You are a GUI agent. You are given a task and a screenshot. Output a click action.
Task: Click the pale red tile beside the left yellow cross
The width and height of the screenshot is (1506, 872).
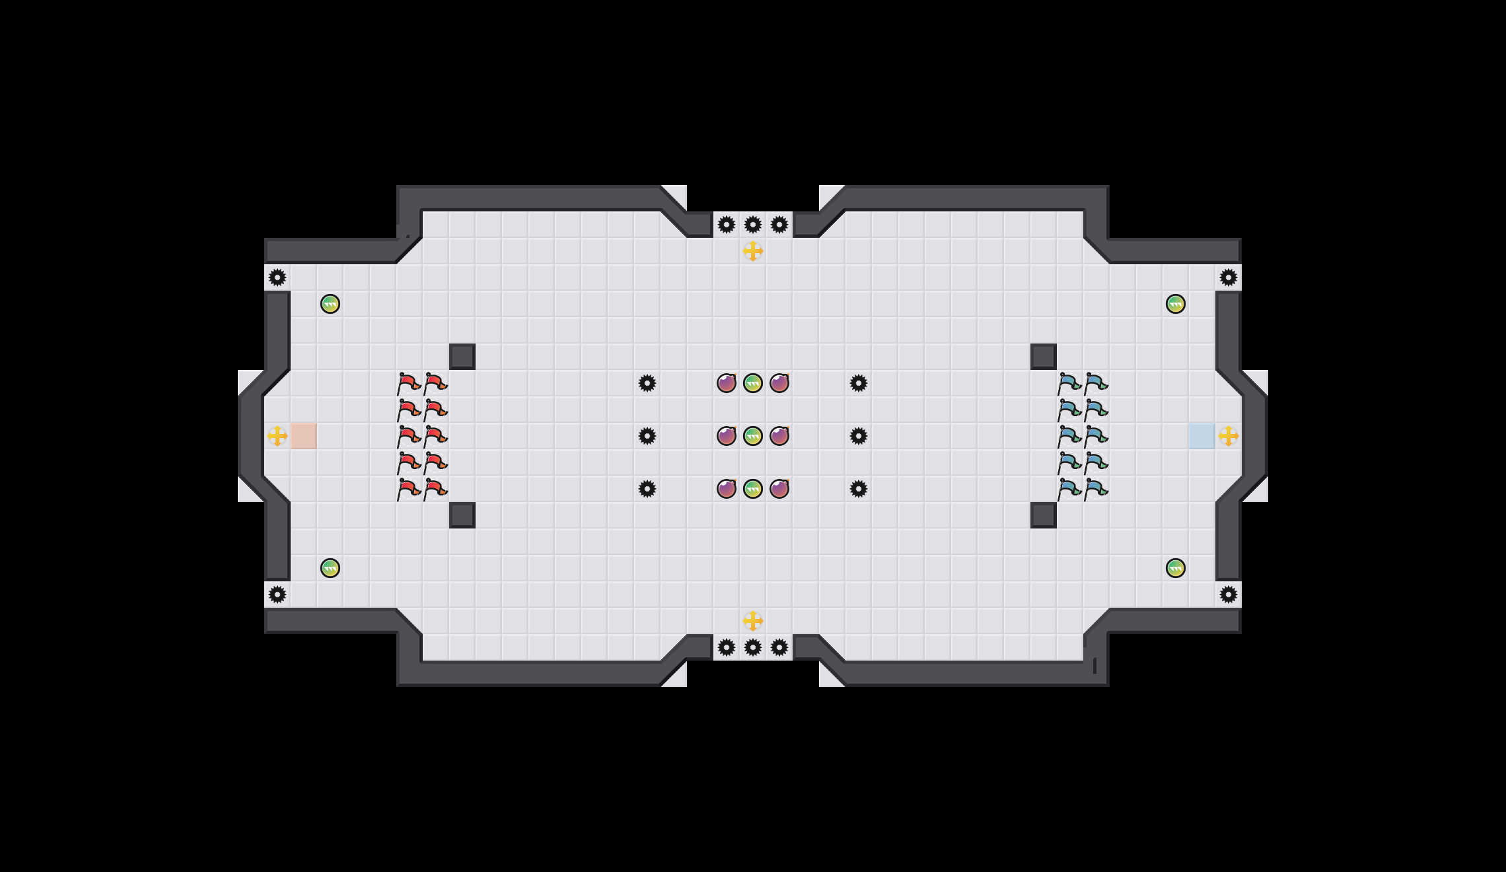pos(304,436)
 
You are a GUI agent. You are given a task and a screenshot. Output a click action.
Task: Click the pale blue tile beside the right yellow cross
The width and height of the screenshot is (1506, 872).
pos(1202,436)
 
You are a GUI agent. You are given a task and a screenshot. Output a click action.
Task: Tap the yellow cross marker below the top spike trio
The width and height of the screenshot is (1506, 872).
pos(753,251)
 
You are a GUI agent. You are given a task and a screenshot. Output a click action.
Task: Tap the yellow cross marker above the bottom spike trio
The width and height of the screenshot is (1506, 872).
pos(753,621)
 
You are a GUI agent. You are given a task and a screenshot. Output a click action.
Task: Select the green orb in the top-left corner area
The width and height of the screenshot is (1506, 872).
pos(330,304)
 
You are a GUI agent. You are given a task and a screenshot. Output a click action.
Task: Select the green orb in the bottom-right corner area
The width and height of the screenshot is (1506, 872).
pos(1176,568)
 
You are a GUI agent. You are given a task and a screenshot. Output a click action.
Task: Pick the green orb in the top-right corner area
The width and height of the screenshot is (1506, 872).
pos(1176,304)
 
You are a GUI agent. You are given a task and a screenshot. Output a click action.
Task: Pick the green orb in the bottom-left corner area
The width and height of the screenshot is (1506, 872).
pos(330,568)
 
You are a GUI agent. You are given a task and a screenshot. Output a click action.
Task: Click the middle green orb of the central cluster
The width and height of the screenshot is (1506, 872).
pos(753,436)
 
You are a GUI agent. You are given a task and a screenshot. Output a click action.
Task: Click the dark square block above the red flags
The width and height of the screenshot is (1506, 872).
pos(462,357)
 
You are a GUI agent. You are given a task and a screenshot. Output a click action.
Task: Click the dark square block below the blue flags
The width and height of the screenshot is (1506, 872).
pos(1044,515)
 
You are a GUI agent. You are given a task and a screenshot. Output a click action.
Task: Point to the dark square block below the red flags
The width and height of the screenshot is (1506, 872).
pos(462,515)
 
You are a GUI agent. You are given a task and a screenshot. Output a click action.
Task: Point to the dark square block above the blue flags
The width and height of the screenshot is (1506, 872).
pos(1044,357)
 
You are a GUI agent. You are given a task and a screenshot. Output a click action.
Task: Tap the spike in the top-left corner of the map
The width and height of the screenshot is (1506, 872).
pos(277,277)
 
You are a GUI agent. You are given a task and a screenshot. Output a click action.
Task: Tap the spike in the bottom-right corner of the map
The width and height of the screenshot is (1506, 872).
pos(1229,595)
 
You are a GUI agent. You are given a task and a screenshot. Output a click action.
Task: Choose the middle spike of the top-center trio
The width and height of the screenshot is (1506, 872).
pos(753,225)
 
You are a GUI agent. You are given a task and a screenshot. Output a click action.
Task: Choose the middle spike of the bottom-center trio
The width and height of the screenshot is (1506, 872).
pos(753,647)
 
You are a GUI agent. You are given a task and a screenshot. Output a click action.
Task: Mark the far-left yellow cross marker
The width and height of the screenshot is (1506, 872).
pos(277,436)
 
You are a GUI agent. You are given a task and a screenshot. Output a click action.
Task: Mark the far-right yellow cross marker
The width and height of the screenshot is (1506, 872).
pos(1229,436)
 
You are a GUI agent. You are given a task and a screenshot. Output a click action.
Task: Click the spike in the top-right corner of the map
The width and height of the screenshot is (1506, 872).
pos(1229,277)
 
